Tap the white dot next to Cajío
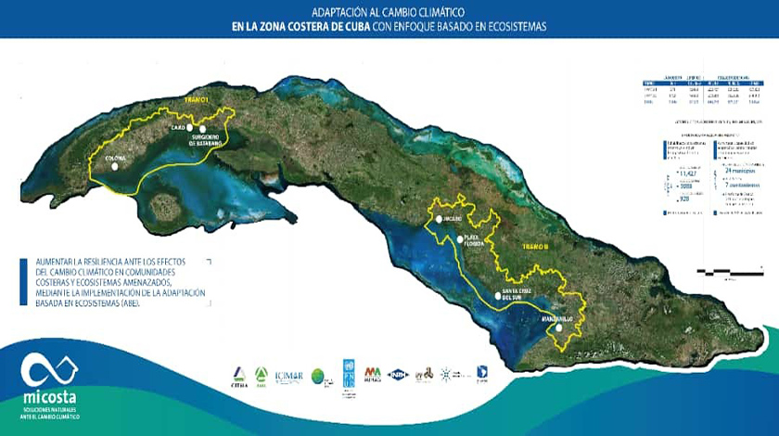point(189,127)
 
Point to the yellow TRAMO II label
point(536,247)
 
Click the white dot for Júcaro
point(439,220)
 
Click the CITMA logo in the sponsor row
point(237,375)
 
